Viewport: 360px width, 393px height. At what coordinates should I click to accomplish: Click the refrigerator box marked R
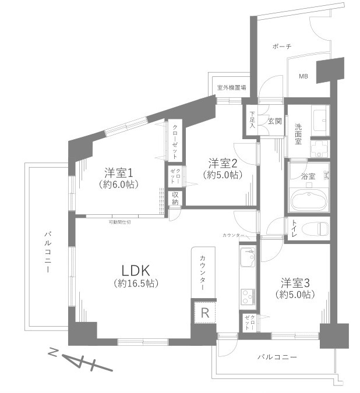click(204, 313)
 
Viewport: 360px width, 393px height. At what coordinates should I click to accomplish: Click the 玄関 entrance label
click(274, 122)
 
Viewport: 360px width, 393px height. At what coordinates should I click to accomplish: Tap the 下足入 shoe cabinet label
click(253, 120)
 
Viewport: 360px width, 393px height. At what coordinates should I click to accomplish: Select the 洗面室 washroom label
click(298, 133)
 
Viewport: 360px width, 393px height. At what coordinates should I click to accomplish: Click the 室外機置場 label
click(231, 88)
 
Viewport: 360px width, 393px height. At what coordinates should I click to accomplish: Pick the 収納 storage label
click(175, 199)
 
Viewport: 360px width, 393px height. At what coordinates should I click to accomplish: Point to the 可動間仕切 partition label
click(119, 222)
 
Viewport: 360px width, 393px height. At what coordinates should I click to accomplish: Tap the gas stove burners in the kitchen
click(248, 295)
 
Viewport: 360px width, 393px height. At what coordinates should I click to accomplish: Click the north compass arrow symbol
click(79, 362)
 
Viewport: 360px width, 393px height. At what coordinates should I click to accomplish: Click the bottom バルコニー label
click(277, 357)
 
